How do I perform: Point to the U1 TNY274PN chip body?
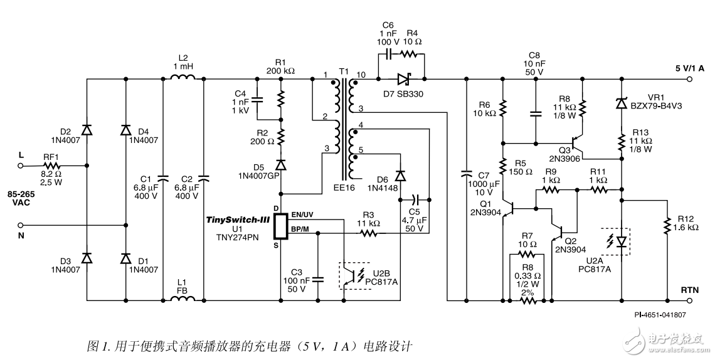(x=279, y=225)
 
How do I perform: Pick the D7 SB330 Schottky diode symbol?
(x=402, y=79)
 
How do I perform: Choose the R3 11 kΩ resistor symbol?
(x=368, y=233)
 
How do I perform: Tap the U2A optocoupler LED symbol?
(x=621, y=241)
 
